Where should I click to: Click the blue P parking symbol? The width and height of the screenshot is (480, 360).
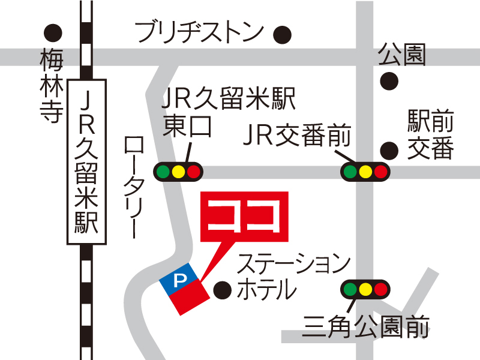pos(178,280)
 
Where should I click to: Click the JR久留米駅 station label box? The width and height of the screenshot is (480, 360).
pos(87,162)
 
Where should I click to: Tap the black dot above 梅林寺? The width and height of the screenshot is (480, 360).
pos(54,31)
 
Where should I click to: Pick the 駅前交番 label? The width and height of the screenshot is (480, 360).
pos(431,134)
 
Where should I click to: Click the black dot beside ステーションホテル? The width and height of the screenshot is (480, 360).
pos(222,290)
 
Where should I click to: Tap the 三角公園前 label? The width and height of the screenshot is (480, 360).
pos(366,328)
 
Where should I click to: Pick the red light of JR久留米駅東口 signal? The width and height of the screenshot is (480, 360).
pos(193,172)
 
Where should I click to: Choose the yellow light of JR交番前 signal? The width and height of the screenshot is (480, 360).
pos(365,172)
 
